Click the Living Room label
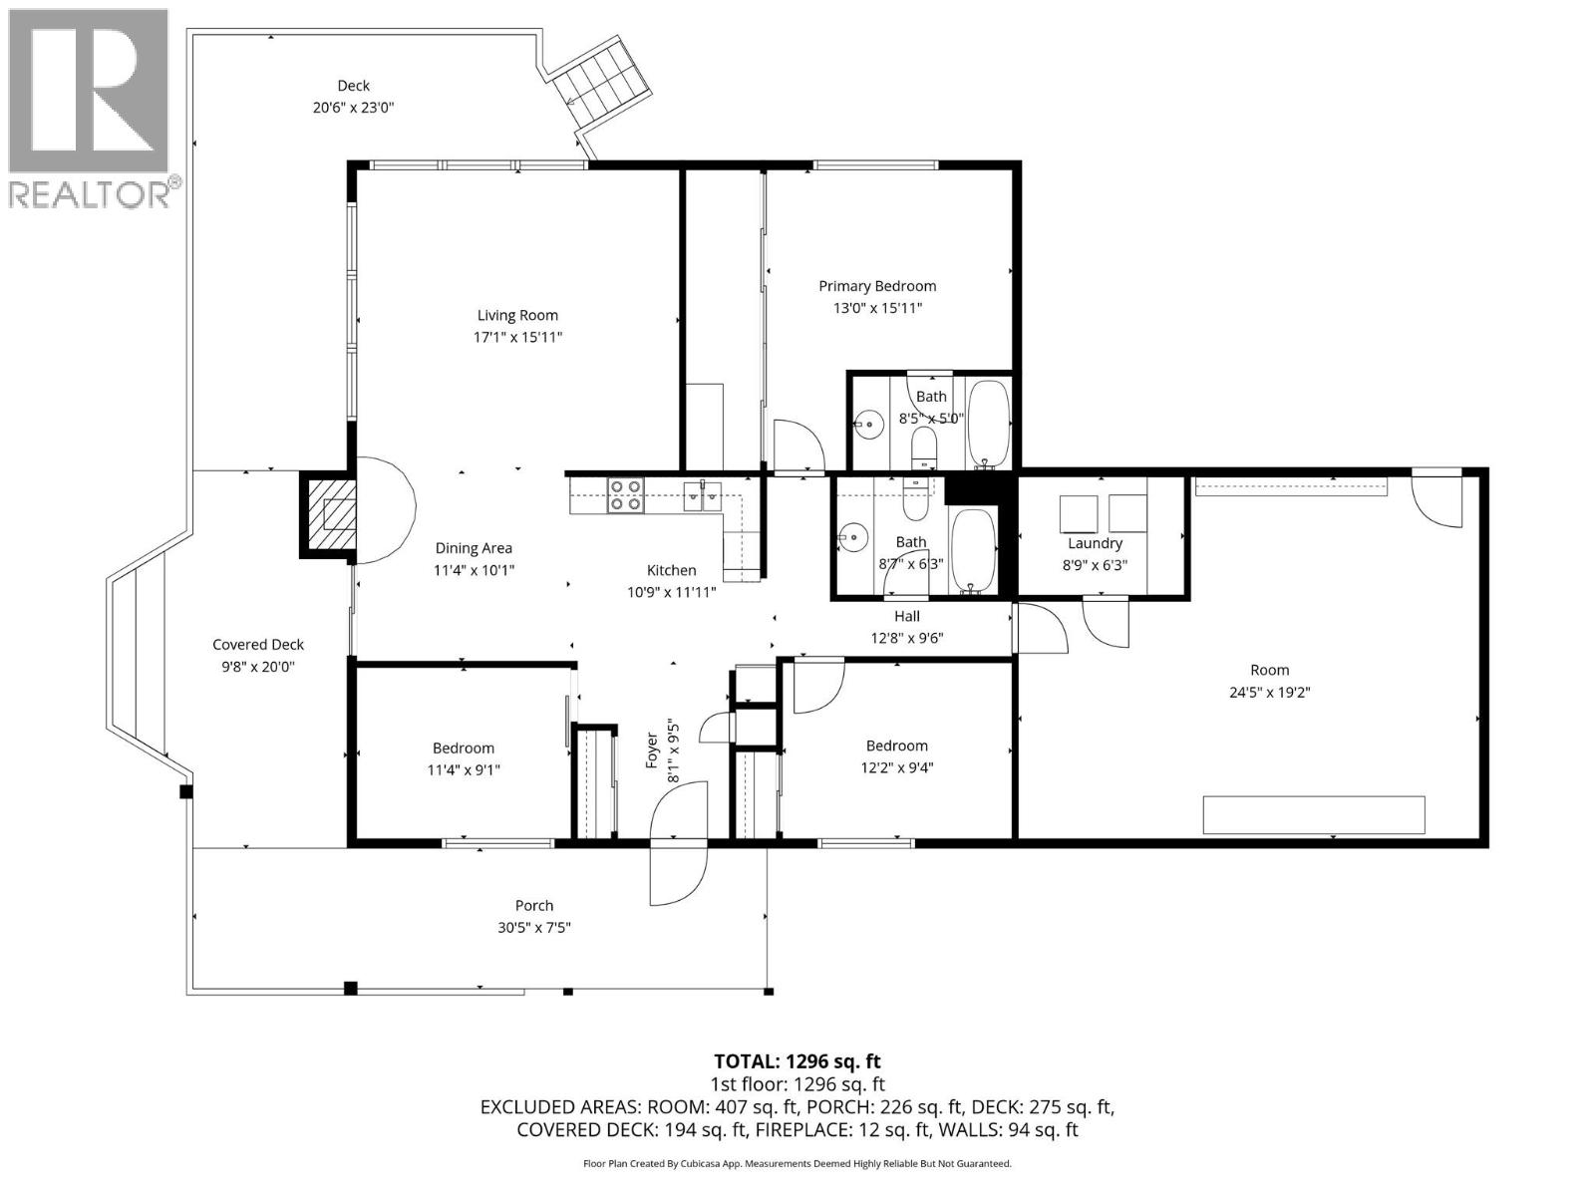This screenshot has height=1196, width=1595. [517, 315]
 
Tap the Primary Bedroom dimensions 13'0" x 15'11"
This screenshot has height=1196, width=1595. [877, 308]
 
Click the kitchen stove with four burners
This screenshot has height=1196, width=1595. [626, 495]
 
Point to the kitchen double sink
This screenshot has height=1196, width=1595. [703, 495]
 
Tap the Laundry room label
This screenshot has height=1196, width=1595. [1095, 543]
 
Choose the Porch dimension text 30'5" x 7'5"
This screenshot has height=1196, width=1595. [534, 927]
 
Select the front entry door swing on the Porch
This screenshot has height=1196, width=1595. [678, 873]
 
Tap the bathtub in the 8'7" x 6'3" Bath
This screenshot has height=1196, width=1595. [973, 550]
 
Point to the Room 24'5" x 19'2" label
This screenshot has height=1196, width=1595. [1269, 670]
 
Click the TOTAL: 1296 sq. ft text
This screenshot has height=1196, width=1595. [797, 1061]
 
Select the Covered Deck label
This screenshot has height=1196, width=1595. [258, 645]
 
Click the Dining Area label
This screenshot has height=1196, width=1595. [474, 548]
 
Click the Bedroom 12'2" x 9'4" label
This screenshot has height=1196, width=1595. [896, 746]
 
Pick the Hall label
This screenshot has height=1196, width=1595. [906, 616]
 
